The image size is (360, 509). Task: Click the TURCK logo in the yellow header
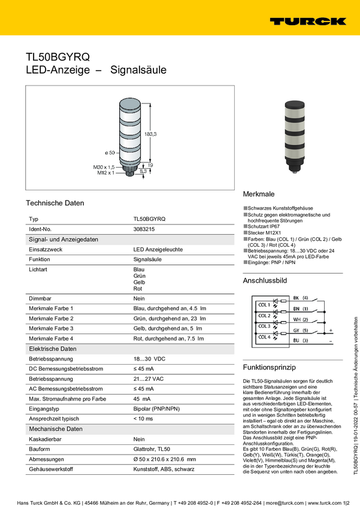307,22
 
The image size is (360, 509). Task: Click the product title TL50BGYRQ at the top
58,57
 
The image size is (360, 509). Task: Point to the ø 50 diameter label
109,153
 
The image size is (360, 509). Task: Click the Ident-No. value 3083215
144,229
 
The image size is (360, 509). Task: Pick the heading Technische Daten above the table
55,203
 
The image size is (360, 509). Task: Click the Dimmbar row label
40,298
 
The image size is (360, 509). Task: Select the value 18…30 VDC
149,357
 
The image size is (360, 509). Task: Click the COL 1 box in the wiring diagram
264,305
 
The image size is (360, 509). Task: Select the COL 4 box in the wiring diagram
264,337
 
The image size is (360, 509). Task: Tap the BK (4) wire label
301,298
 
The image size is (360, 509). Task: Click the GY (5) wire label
301,330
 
